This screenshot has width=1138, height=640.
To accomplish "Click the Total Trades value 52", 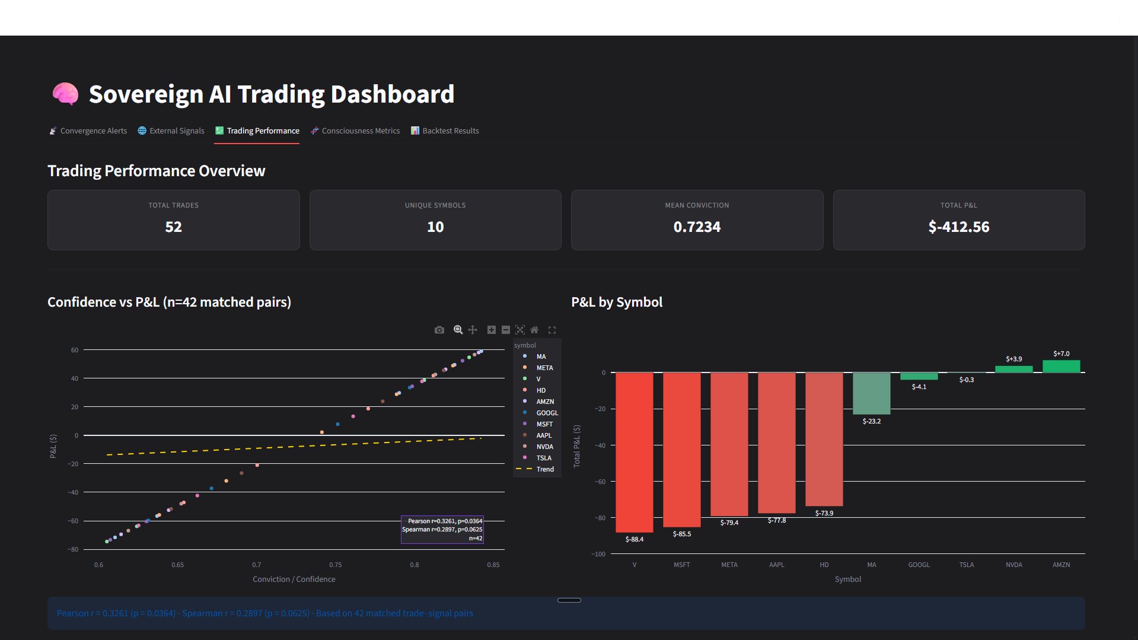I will coord(173,227).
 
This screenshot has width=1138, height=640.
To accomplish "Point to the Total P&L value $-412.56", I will coord(958,227).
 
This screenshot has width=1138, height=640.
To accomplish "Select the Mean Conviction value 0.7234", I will coord(697,227).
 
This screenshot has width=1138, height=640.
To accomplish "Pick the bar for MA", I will coord(871,393).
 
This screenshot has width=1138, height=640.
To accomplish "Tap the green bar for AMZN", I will coord(1061,367).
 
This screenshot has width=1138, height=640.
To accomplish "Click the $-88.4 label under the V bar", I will coord(634,539).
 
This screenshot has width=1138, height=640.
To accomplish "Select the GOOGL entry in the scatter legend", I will coord(547,413).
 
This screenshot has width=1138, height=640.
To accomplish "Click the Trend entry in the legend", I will coord(544,469).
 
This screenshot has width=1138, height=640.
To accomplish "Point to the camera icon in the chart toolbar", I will coord(439,330).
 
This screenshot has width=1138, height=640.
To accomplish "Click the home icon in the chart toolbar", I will coord(534,330).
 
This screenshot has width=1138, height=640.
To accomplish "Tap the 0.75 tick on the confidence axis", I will coord(335,565).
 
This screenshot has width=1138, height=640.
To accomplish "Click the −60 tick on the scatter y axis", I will coord(73,521).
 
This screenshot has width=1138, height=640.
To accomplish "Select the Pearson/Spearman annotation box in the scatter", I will coord(442,530).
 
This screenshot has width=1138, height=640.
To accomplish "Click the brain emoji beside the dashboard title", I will coord(65,94).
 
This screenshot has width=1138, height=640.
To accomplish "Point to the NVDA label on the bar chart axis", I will coord(1013,565).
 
